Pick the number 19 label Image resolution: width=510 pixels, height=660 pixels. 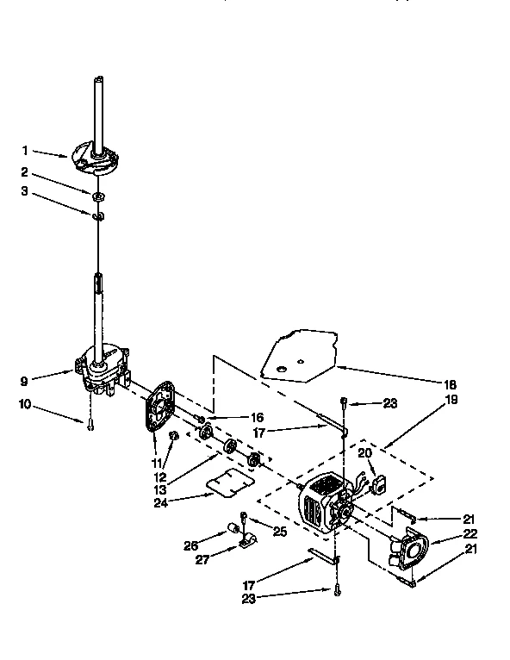pyautogui.click(x=451, y=400)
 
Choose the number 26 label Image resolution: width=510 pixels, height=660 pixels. pyautogui.click(x=190, y=545)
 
